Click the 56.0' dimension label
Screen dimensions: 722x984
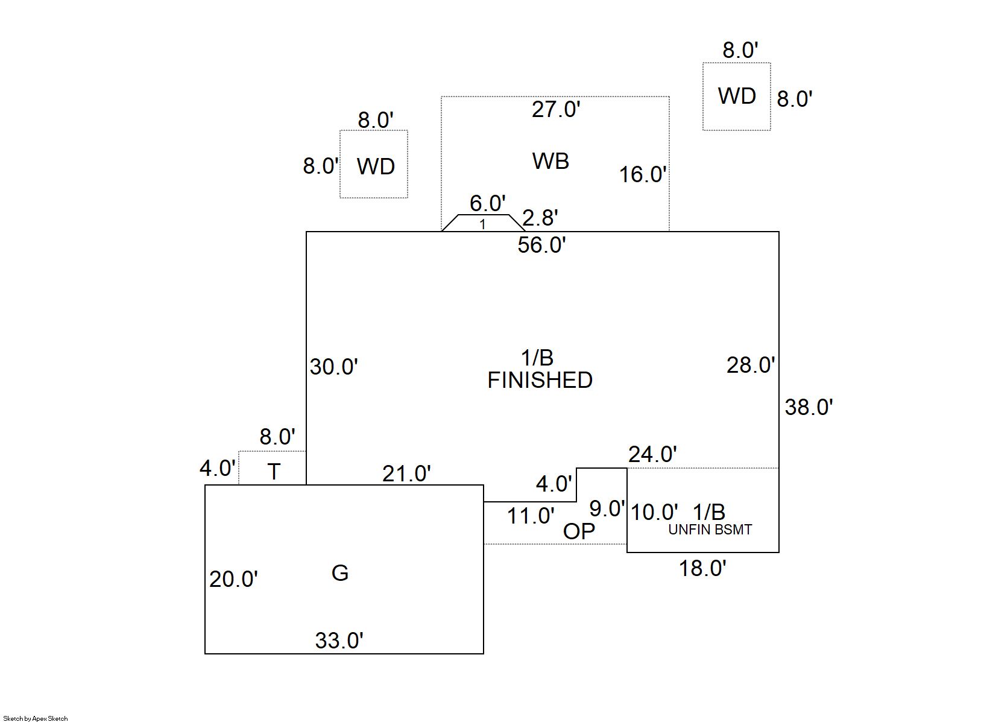(541, 245)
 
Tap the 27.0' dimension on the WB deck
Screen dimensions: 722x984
(556, 110)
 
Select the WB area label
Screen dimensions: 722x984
(550, 161)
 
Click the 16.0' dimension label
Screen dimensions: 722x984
(643, 175)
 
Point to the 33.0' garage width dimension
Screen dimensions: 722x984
(339, 641)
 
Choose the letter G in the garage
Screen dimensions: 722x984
(340, 573)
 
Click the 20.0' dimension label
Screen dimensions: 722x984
(233, 580)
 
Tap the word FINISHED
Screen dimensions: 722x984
(540, 381)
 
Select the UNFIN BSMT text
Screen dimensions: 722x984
(710, 530)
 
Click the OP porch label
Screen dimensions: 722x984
(579, 531)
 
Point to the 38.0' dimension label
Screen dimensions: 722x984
(809, 408)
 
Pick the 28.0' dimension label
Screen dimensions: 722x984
(750, 366)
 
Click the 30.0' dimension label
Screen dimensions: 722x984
(333, 367)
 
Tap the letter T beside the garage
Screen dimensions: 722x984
(274, 472)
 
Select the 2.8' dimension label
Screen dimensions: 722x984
(540, 218)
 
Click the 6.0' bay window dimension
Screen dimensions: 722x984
(487, 204)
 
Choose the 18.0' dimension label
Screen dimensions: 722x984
(702, 568)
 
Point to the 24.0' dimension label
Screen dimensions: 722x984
(652, 454)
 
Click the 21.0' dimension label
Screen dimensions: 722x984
(406, 474)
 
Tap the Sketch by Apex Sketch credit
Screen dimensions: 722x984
(36, 718)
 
